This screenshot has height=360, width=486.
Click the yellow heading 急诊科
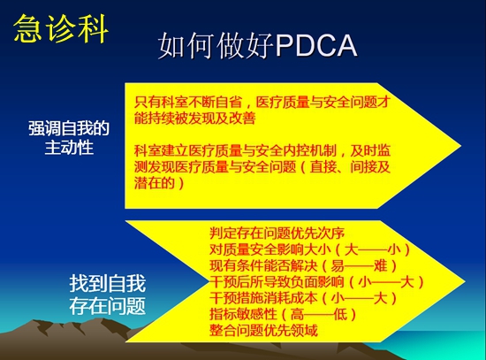pos(61,28)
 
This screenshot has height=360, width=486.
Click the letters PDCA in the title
pos(316,46)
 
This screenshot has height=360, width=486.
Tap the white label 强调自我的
pos(69,128)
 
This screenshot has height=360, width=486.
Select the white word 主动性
pos(69,147)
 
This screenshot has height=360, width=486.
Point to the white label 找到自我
pos(108,283)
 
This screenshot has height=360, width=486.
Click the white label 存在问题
pos(108,305)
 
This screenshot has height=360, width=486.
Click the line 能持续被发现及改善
pos(195,118)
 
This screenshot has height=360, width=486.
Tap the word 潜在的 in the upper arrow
pos(155,183)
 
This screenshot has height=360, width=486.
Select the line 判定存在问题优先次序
pos(277,233)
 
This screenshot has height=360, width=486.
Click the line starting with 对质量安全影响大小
pos(310,249)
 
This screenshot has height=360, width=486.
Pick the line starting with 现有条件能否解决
pos(303,265)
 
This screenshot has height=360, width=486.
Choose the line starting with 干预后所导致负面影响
pos(316,282)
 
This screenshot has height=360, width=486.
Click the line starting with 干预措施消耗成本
pos(303,298)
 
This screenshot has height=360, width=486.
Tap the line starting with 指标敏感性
pos(283,314)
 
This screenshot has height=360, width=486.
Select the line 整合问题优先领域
pos(263,330)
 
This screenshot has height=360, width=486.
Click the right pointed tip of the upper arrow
pos(461,146)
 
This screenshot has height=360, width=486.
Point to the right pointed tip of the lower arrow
pos(465,281)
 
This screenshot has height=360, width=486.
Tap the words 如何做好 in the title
pos(216,46)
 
